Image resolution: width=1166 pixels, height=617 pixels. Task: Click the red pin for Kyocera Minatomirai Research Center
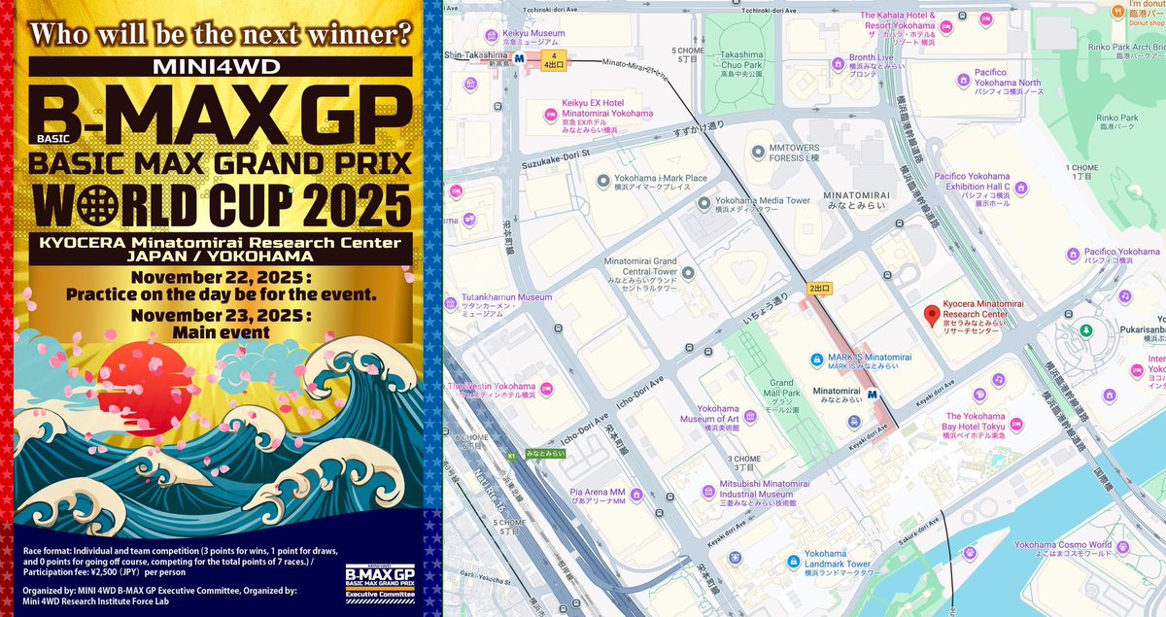(x=932, y=315)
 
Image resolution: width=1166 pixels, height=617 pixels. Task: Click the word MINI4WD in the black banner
(x=220, y=67)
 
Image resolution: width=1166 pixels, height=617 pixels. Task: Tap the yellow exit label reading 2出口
(x=819, y=288)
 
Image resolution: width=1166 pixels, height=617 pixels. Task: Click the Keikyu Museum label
(x=534, y=33)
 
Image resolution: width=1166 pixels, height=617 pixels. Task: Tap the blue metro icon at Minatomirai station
(x=873, y=394)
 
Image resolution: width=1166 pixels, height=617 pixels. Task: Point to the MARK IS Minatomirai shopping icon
(x=817, y=359)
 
